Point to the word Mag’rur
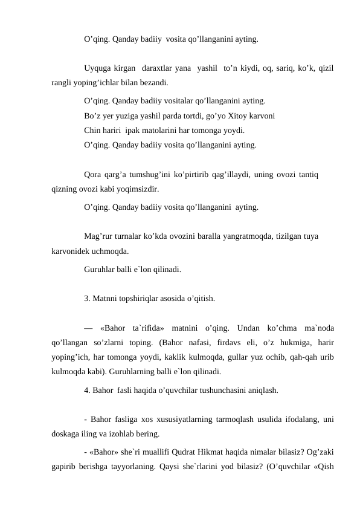coord(100,236)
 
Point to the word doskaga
coord(66,433)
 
